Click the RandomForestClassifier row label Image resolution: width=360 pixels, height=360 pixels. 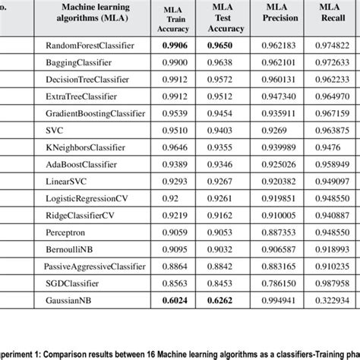(90, 46)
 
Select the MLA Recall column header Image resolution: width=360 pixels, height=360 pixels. (332, 16)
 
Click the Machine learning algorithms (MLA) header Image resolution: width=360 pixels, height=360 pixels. (95, 16)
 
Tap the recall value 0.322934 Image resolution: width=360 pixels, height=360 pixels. (332, 299)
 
